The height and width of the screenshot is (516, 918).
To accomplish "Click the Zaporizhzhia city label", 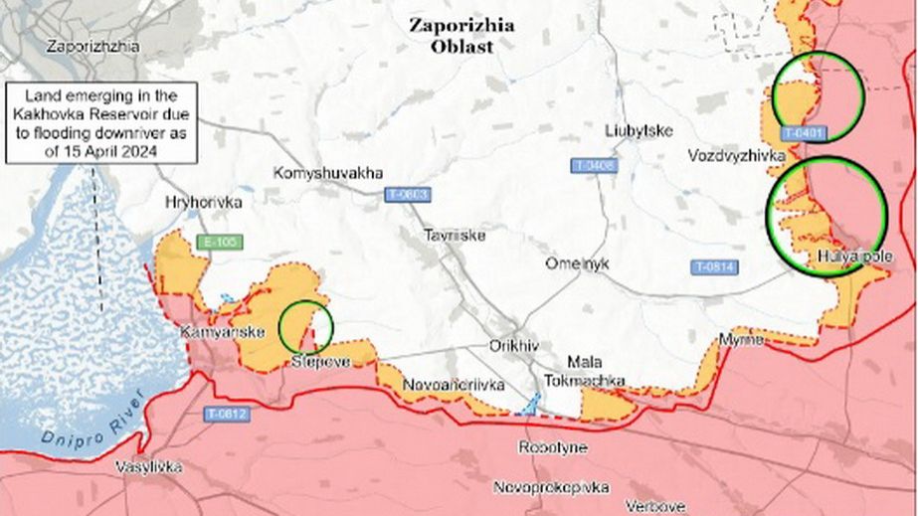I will coord(92,46).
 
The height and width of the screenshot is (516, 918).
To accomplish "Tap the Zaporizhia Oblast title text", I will coord(461,36).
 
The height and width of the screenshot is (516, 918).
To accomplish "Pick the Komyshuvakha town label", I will coord(328,172).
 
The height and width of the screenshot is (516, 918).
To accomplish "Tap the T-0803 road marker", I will coord(407,196).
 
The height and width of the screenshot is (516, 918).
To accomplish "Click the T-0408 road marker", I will coord(593,165).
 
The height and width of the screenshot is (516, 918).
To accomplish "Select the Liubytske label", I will coord(639,131).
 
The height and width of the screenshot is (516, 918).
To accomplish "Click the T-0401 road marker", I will coord(804,132).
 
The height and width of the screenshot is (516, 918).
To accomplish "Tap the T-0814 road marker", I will coord(714,266).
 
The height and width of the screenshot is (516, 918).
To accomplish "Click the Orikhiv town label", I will coord(513,345).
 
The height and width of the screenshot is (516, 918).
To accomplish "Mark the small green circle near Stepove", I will coord(304,325).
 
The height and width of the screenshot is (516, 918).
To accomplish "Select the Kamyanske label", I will coord(212,332).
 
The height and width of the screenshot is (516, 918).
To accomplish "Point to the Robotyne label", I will coord(552,447).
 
